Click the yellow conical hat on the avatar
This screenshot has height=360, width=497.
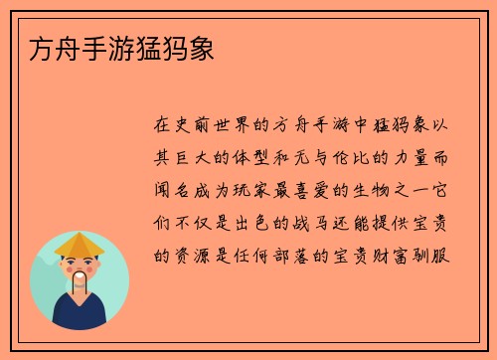(x=80, y=244)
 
